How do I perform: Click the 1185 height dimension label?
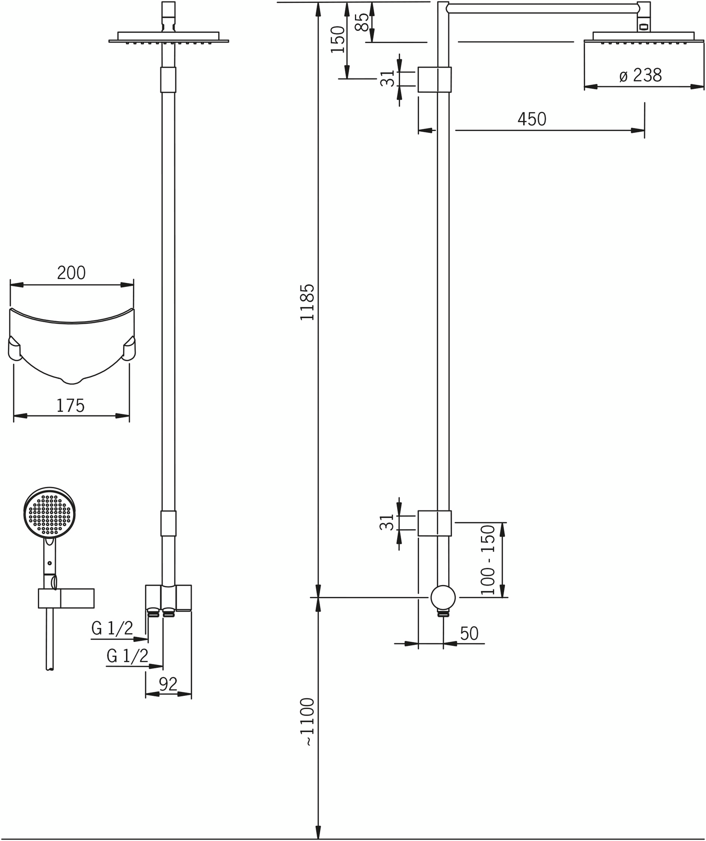pos(307,302)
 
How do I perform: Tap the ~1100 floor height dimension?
pos(307,722)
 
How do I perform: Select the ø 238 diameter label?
pos(640,76)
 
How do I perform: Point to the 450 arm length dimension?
pos(532,119)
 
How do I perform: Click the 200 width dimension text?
pos(72,273)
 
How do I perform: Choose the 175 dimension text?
pos(71,406)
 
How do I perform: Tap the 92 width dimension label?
pos(168,684)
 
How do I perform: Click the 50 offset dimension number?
pos(469,634)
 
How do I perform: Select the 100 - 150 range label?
pos(488,560)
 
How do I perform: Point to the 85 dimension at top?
pos(362,22)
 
